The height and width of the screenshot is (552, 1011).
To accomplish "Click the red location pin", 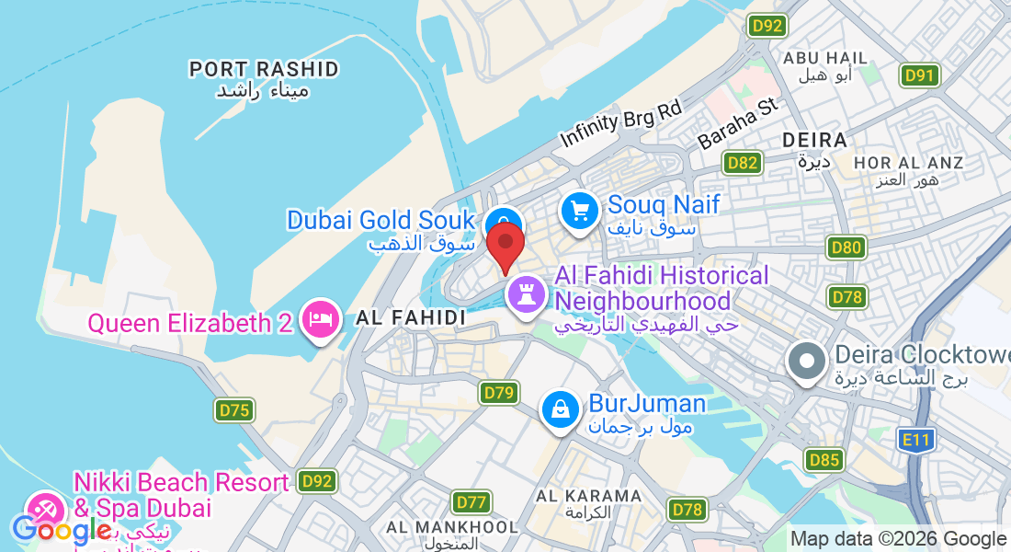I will (505, 244).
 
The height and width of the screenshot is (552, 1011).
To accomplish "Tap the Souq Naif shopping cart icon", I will (580, 212).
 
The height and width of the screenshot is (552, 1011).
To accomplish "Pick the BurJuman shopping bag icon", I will (560, 410).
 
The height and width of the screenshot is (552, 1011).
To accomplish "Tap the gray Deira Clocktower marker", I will (808, 361).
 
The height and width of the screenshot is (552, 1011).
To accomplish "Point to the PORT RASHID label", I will (264, 70).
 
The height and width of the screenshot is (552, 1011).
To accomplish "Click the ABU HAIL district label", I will (824, 58).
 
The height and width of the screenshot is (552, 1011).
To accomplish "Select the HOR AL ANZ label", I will (908, 163).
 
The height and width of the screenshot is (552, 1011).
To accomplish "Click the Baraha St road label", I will (738, 125).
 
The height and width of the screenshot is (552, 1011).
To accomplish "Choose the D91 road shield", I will (919, 75).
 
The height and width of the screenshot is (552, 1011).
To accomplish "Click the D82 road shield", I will (742, 164).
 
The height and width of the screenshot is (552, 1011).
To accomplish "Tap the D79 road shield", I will (498, 393).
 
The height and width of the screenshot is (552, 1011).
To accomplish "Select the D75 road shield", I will (234, 409).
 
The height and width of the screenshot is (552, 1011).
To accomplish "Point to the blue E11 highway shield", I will (916, 440).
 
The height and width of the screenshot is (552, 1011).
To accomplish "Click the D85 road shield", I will (824, 459).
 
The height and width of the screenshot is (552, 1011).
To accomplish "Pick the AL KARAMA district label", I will (589, 496).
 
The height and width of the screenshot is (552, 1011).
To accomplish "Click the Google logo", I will (62, 530).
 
